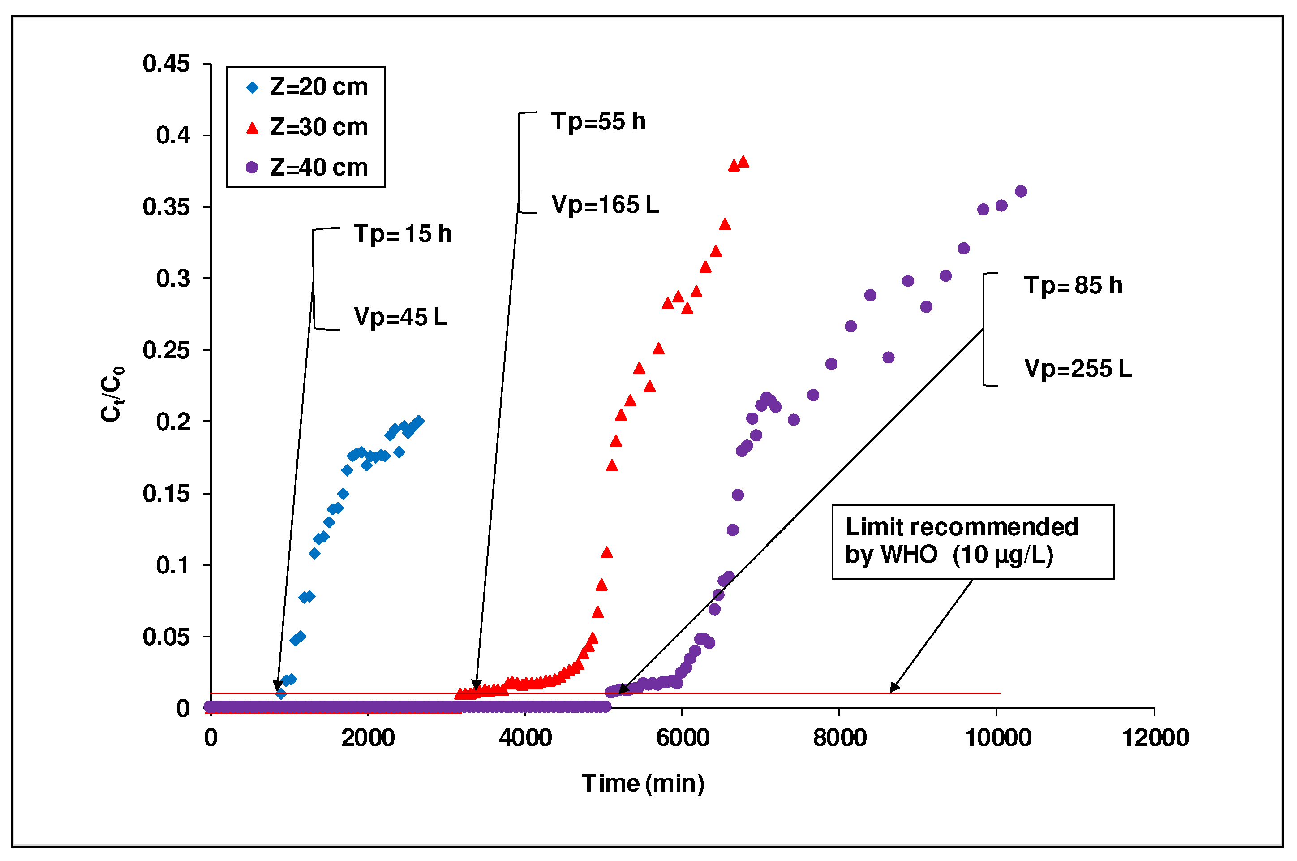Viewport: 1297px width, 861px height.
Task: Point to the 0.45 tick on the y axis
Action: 166,64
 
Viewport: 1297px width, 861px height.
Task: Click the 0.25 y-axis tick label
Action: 166,350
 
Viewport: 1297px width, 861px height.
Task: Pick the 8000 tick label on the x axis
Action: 840,738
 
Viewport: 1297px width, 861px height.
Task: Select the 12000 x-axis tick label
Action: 1155,738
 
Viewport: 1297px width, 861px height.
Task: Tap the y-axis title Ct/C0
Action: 112,394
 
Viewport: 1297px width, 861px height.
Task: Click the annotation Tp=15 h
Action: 402,234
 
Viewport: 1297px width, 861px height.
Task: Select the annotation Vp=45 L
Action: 400,317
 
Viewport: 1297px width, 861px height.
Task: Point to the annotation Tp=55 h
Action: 598,121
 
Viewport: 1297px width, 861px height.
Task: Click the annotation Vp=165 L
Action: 605,205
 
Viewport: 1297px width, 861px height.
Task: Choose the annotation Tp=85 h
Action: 1073,285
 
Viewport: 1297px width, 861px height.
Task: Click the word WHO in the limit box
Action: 910,555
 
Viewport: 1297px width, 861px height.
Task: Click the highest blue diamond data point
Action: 419,421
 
